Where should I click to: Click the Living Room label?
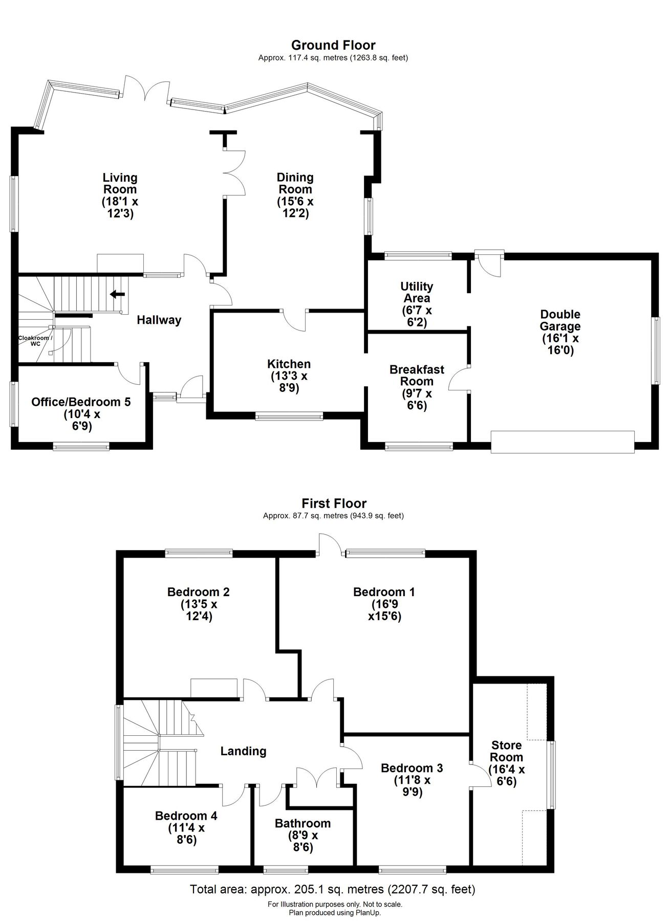pyautogui.click(x=120, y=184)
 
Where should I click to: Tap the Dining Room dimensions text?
pyautogui.click(x=295, y=207)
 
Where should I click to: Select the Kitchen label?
pyautogui.click(x=289, y=364)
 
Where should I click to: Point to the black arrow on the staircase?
pyautogui.click(x=117, y=294)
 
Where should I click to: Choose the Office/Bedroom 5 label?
pyautogui.click(x=81, y=402)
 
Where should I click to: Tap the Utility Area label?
pyautogui.click(x=417, y=292)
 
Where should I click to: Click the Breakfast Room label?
pyautogui.click(x=417, y=375)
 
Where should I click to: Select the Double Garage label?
pyautogui.click(x=560, y=320)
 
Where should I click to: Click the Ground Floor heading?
pyautogui.click(x=333, y=46)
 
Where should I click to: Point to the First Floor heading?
pyautogui.click(x=334, y=503)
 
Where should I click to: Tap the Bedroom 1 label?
pyautogui.click(x=384, y=592)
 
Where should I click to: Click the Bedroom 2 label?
pyautogui.click(x=199, y=592)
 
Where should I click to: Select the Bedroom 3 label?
pyautogui.click(x=412, y=768)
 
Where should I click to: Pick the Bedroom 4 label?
pyautogui.click(x=186, y=816)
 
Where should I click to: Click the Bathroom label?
pyautogui.click(x=302, y=823)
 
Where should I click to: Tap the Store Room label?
pyautogui.click(x=507, y=751)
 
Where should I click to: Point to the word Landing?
pyautogui.click(x=243, y=751)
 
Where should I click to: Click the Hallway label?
pyautogui.click(x=159, y=320)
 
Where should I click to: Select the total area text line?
pyautogui.click(x=333, y=889)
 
